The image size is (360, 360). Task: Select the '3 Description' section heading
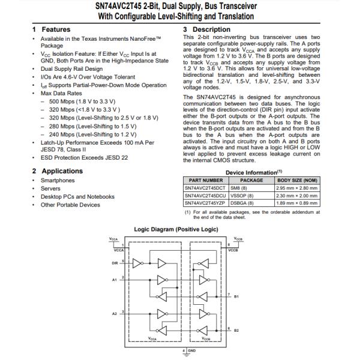click(206, 29)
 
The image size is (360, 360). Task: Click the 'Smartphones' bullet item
click(58, 180)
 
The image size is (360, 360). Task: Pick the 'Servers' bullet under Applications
click(51, 188)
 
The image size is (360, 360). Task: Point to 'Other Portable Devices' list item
click(70, 205)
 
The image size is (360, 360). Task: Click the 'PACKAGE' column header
click(252, 179)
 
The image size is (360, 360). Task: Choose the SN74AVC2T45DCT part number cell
click(206, 187)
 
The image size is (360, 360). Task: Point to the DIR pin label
click(115, 262)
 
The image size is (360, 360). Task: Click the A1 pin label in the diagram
click(115, 279)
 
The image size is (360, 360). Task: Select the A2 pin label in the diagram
click(115, 313)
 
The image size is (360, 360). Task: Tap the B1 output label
click(236, 296)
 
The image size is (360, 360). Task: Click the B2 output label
click(236, 330)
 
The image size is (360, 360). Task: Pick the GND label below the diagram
click(192, 350)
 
